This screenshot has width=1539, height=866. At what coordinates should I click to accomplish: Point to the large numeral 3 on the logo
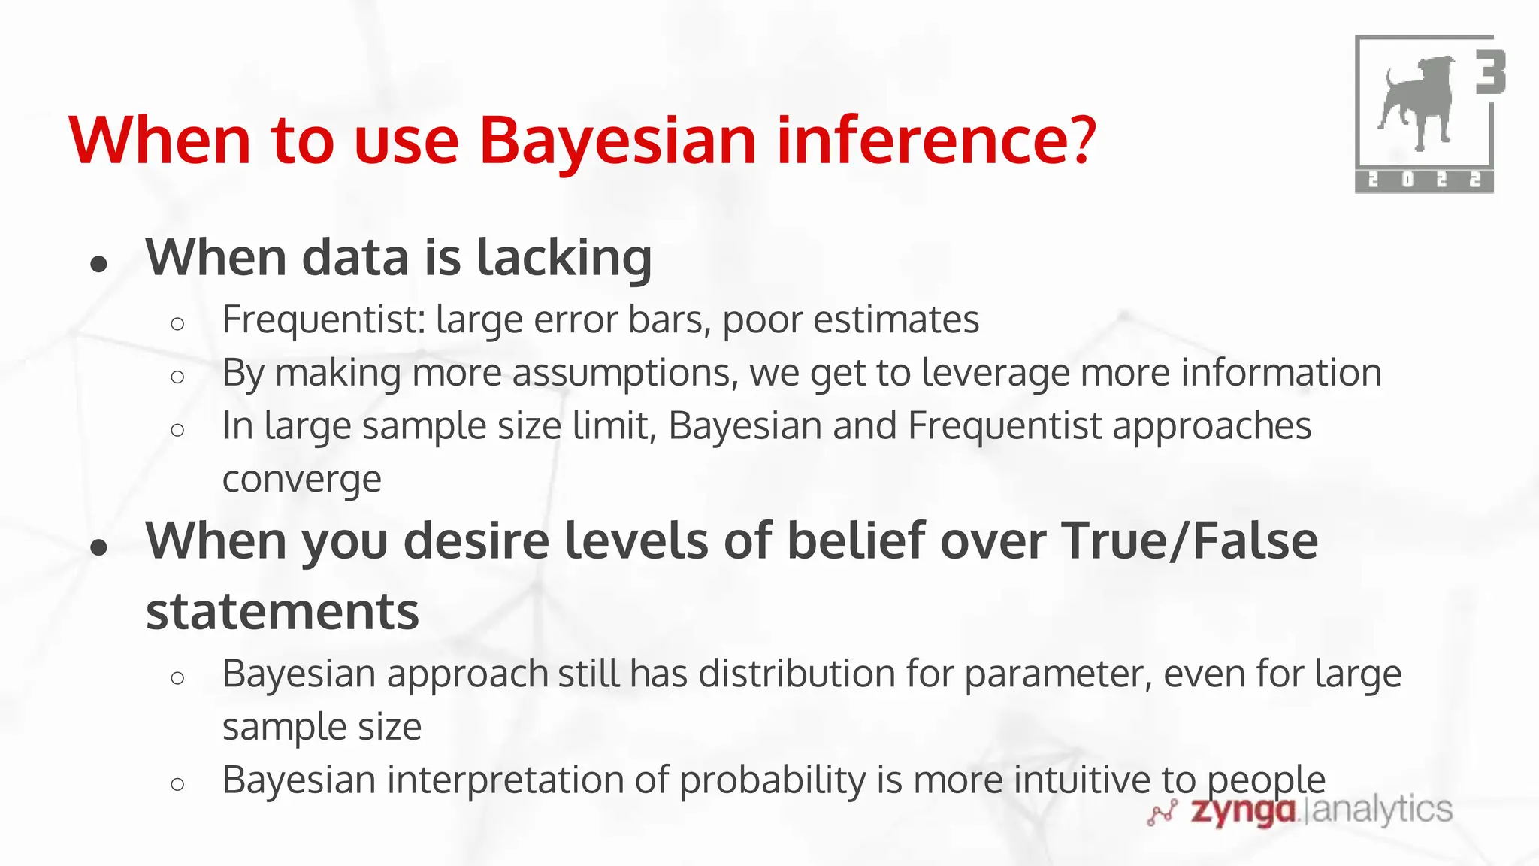(x=1489, y=72)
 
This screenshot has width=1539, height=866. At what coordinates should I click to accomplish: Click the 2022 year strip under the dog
(x=1424, y=180)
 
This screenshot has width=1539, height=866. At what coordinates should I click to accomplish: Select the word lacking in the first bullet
(x=564, y=258)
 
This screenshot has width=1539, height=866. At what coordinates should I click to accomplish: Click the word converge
(x=302, y=480)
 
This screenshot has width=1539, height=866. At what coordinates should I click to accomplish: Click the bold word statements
(x=282, y=611)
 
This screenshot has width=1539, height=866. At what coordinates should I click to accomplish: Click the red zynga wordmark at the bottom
(x=1244, y=810)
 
